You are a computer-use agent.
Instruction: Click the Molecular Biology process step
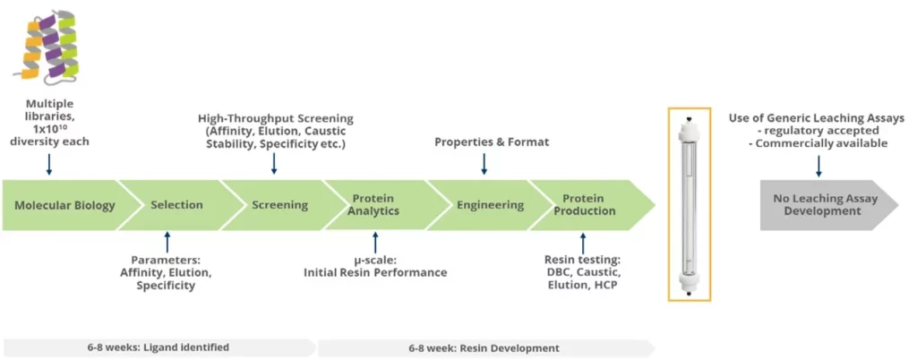[x=64, y=205]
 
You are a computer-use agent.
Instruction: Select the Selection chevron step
[x=176, y=205]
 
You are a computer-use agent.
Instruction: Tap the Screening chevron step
[x=279, y=205]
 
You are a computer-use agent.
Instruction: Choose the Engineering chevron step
[x=490, y=205]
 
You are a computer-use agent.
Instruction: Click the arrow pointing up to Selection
[x=167, y=242]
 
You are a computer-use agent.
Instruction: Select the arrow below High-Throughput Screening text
[x=274, y=163]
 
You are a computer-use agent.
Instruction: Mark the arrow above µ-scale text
[x=375, y=242]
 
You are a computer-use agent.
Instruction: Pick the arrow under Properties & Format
[x=484, y=163]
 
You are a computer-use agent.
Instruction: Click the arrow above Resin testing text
[x=584, y=242]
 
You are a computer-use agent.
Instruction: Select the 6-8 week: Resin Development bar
[x=484, y=347]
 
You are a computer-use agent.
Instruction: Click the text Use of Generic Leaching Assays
[x=818, y=117]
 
